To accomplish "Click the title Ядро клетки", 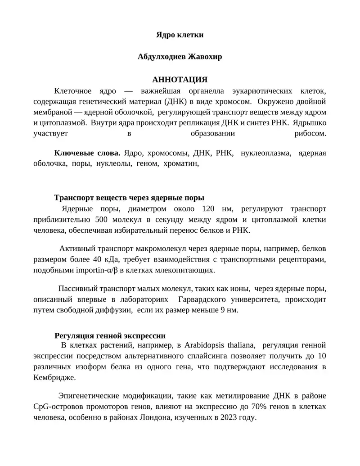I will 180,35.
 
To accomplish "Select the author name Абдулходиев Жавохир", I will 180,57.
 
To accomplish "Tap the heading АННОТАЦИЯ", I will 180,80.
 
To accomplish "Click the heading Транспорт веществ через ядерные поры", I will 129,198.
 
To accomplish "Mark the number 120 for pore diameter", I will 208,209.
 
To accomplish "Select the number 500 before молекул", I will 103,220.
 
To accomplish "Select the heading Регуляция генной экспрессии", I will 110,335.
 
